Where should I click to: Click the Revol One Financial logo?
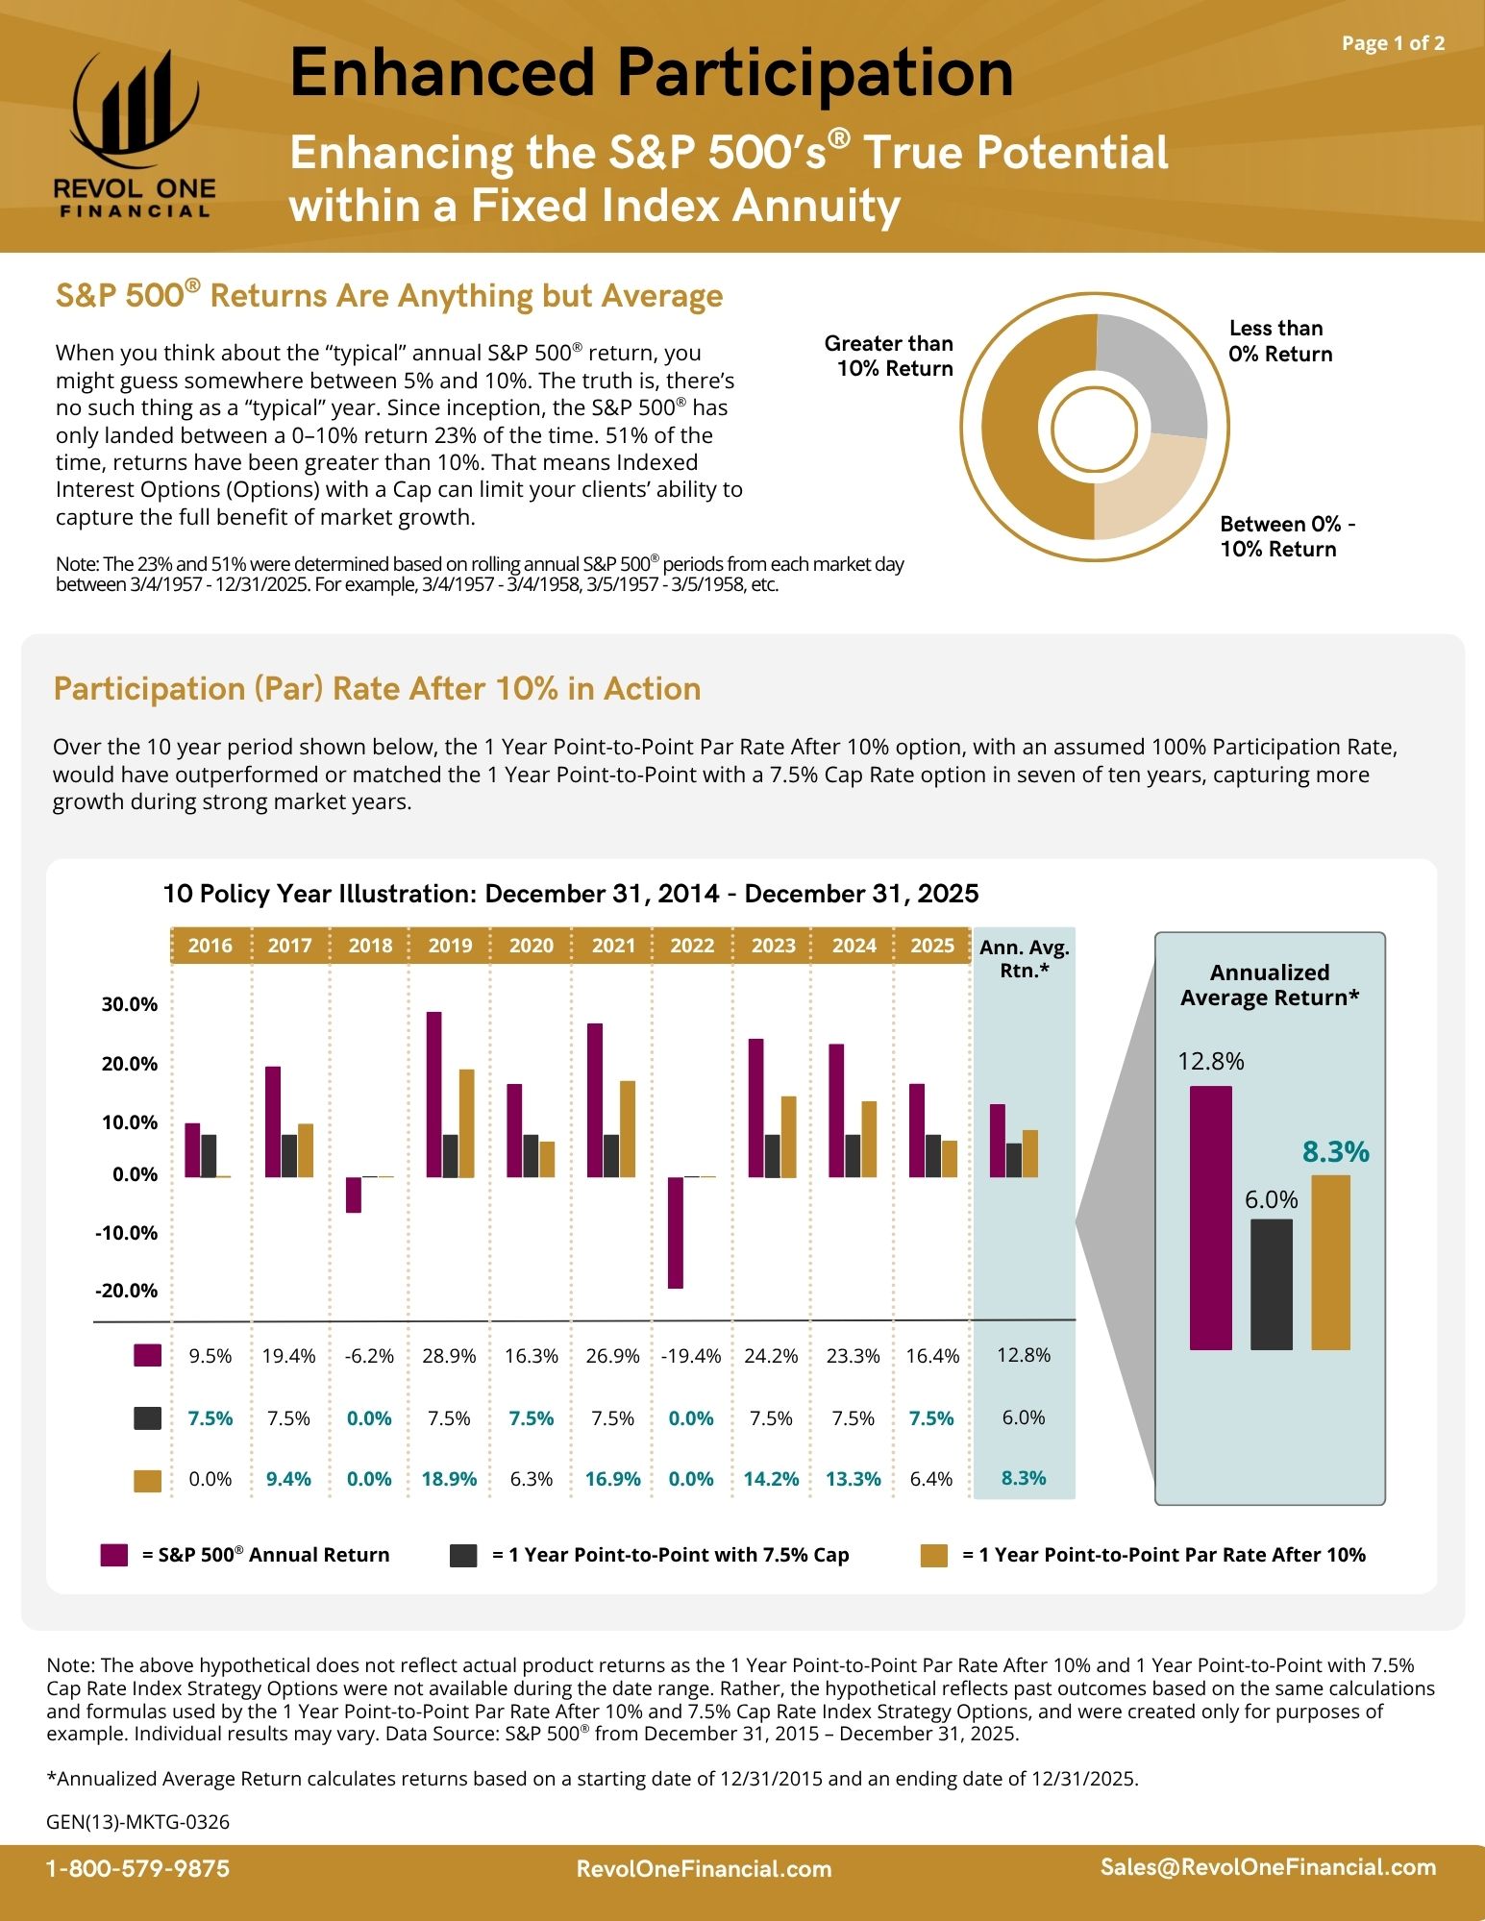pyautogui.click(x=135, y=135)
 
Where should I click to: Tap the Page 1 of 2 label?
pyautogui.click(x=1393, y=43)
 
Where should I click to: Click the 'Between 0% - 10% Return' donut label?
pyautogui.click(x=1287, y=536)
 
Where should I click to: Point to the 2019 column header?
pyautogui.click(x=450, y=946)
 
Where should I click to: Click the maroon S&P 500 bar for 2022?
pyautogui.click(x=676, y=1232)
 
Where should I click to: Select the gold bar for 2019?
pyautogui.click(x=467, y=1123)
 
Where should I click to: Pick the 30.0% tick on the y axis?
pyautogui.click(x=130, y=1004)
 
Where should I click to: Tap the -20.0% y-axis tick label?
pyautogui.click(x=126, y=1291)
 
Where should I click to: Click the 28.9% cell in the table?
pyautogui.click(x=449, y=1356)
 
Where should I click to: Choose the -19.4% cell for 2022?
pyautogui.click(x=691, y=1356)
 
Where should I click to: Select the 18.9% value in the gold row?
pyautogui.click(x=449, y=1479)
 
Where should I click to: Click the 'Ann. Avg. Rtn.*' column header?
pyautogui.click(x=1025, y=959)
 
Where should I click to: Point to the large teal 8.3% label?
pyautogui.click(x=1335, y=1151)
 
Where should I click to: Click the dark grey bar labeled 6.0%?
pyautogui.click(x=1271, y=1284)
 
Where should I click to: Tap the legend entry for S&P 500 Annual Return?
pyautogui.click(x=246, y=1555)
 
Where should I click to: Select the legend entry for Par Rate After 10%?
pyautogui.click(x=1144, y=1555)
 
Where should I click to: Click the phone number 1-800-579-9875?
pyautogui.click(x=138, y=1869)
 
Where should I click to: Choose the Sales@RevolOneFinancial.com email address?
pyautogui.click(x=1268, y=1867)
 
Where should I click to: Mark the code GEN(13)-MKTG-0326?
pyautogui.click(x=138, y=1822)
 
